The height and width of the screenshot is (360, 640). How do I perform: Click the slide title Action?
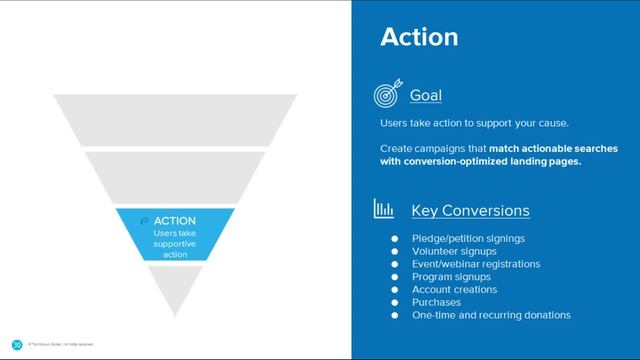click(419, 37)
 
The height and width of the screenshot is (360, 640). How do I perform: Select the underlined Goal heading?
click(426, 95)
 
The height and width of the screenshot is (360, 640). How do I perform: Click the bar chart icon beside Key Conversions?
click(384, 210)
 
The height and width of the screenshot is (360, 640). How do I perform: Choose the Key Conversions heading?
click(470, 211)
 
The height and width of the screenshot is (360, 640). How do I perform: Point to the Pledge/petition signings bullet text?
click(468, 238)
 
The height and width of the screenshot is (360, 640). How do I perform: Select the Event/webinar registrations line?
click(476, 264)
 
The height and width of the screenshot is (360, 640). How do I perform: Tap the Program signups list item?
click(451, 277)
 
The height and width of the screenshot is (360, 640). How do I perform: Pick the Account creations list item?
click(454, 290)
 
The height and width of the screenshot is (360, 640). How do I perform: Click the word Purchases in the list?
click(436, 302)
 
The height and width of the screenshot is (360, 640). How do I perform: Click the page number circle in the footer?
click(17, 346)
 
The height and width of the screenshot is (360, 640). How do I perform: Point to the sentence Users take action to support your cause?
click(474, 123)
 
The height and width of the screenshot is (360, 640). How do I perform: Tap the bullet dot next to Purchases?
click(395, 302)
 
